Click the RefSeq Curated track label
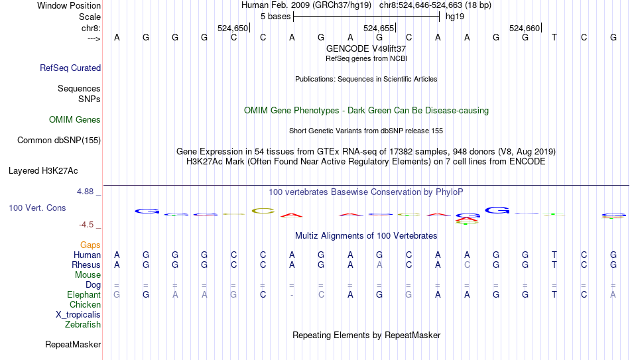point(70,68)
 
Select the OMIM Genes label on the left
point(75,120)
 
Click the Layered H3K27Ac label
point(43,170)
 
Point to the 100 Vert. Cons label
point(37,208)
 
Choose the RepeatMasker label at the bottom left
point(73,345)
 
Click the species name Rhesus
point(86,265)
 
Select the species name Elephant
point(84,295)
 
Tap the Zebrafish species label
point(83,325)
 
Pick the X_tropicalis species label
point(78,315)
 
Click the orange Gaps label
point(90,245)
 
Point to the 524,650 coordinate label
point(232,29)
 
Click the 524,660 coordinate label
point(524,29)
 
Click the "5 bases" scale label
point(275,17)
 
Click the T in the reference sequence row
point(554,38)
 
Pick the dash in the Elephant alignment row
point(292,295)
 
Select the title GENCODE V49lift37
point(366,48)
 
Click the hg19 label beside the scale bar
point(455,17)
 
